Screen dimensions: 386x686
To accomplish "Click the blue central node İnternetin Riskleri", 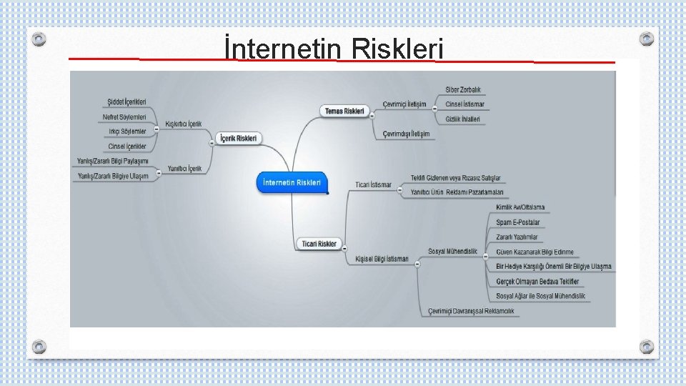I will tap(292, 182).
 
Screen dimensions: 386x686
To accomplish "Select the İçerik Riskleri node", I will tap(239, 138).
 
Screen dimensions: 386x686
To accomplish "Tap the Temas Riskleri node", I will tap(344, 111).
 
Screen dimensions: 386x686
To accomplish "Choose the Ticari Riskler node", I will tap(319, 244).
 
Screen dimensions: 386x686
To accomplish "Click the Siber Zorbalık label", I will tap(463, 90).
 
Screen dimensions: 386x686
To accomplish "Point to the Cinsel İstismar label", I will tap(464, 104).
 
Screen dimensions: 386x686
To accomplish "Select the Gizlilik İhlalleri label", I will tap(462, 119).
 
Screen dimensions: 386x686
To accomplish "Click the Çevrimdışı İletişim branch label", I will tap(406, 134).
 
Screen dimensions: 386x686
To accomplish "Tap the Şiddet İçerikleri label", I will tap(126, 102).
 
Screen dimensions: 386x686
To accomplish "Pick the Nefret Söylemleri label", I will tap(124, 117).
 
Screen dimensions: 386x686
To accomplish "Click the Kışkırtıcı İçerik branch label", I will tap(184, 124).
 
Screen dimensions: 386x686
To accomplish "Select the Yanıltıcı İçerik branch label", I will tap(184, 169).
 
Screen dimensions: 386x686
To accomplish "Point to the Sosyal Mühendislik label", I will tap(452, 252).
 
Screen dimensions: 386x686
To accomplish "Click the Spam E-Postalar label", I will tap(518, 222).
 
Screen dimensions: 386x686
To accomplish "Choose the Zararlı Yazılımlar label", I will tap(517, 237).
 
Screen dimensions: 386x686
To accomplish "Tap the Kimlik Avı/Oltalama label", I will tap(520, 207).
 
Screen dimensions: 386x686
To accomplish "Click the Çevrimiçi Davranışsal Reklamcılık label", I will tap(471, 311).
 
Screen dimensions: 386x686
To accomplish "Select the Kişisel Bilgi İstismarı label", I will tap(382, 259).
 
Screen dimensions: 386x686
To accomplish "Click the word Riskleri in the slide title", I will tap(397, 50).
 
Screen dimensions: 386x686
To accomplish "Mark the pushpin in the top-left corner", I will tap(40, 38).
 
